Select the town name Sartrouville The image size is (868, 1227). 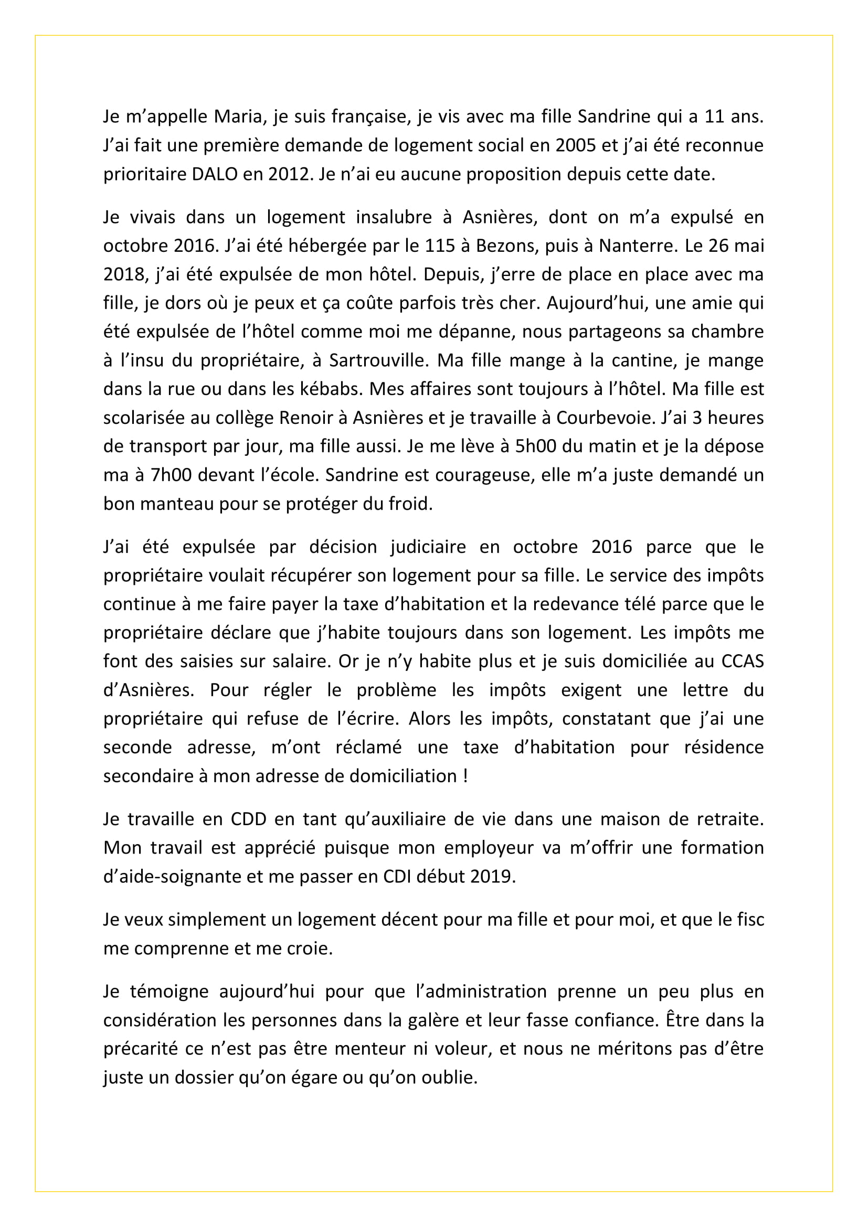coord(379,361)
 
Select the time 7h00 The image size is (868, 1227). coord(171,475)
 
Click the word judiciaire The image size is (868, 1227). coord(428,547)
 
